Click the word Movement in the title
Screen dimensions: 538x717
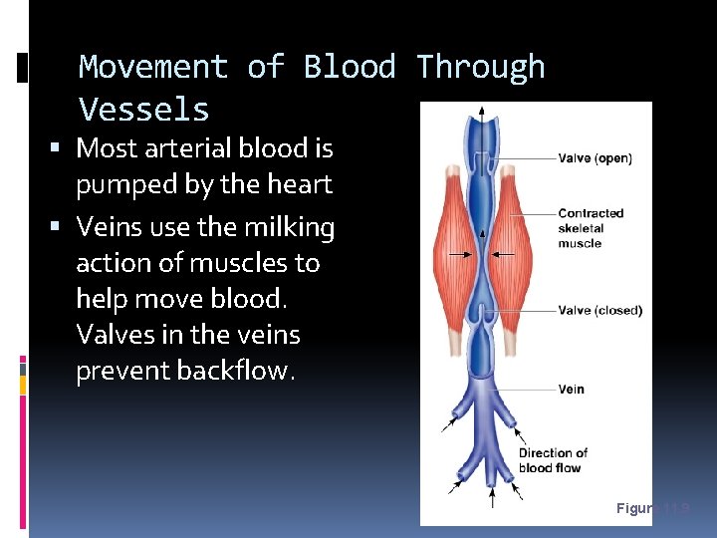coord(153,67)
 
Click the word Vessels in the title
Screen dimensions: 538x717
coord(143,109)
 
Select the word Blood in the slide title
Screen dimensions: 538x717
coord(350,67)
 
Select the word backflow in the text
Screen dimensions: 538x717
coord(233,371)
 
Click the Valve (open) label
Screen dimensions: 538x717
coord(595,158)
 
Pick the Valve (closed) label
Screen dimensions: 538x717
coord(599,310)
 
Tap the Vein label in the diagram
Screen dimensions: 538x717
coord(571,389)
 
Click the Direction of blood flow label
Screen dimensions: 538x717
coord(553,460)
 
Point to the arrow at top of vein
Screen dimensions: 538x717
coord(482,113)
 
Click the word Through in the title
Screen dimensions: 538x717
coord(481,67)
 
